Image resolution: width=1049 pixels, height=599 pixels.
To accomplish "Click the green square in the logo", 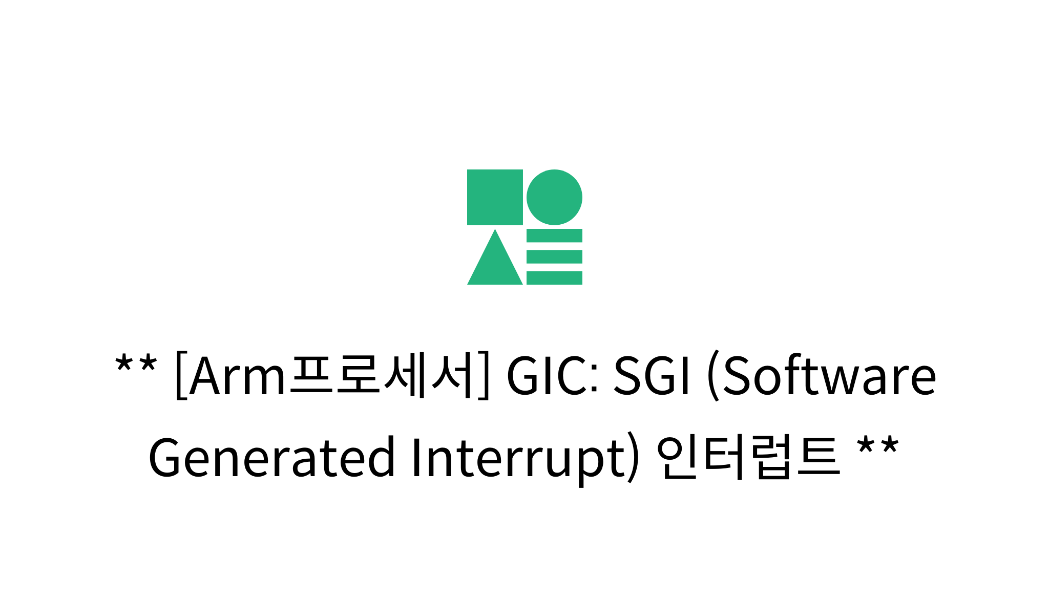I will pyautogui.click(x=495, y=197).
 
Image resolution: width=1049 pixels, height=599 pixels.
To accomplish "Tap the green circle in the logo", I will pyautogui.click(x=554, y=197).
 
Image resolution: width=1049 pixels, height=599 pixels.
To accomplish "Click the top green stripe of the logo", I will pyautogui.click(x=554, y=236).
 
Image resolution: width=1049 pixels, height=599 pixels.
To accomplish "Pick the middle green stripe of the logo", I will pyautogui.click(x=554, y=256).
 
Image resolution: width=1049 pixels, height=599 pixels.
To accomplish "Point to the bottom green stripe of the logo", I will pyautogui.click(x=554, y=278).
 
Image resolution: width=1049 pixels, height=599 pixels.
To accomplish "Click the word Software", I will pyautogui.click(x=830, y=376).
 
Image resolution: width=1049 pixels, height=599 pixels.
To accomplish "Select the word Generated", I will pyautogui.click(x=271, y=457).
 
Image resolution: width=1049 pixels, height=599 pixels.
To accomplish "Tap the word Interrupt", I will pyautogui.click(x=517, y=457).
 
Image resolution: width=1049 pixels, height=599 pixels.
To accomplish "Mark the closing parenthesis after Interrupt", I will pyautogui.click(x=633, y=457).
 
